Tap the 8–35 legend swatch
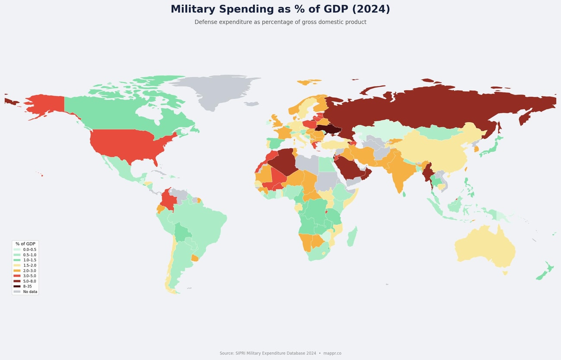point(17,286)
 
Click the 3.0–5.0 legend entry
point(29,276)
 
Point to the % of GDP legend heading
point(25,244)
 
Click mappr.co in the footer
point(332,353)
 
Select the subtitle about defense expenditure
point(280,22)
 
